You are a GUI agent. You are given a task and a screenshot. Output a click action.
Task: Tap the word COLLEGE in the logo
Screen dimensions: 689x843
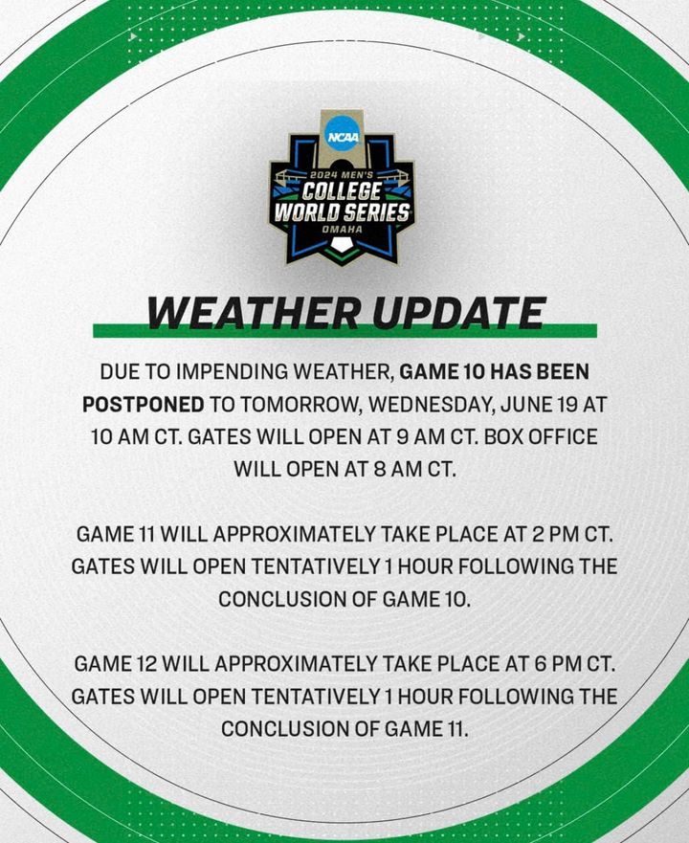pos(342,190)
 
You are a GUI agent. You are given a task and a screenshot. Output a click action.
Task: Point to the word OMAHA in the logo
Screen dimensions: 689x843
pos(342,230)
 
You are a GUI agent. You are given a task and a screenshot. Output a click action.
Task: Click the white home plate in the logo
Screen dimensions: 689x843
pos(341,245)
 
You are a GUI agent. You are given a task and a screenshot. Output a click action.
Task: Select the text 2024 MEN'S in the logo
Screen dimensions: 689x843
pos(342,175)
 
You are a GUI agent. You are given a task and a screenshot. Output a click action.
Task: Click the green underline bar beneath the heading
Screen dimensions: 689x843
pos(344,331)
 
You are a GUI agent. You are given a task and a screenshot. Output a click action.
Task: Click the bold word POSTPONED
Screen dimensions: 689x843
pos(144,405)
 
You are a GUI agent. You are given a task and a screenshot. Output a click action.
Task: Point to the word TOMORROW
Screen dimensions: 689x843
pos(300,405)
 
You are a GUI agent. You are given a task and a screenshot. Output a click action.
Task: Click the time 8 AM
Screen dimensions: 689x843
pos(397,469)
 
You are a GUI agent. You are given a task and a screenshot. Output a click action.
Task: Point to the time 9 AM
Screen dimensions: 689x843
pos(421,436)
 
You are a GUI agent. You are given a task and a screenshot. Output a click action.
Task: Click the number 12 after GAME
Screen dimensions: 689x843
pos(146,664)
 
